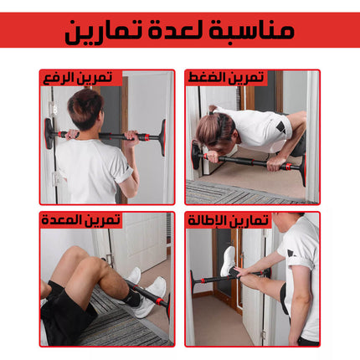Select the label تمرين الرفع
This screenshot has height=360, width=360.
point(78,78)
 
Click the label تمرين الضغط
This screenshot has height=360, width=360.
point(226,78)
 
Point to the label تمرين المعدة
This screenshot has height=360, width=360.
point(81,219)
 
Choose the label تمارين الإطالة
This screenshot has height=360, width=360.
point(229,220)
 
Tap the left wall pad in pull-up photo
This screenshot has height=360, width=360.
point(49,133)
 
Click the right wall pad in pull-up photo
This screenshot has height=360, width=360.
point(162,137)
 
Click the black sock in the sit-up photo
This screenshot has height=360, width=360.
point(131,298)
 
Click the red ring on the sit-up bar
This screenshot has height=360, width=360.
point(160,301)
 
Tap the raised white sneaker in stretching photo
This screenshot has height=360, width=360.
point(228,261)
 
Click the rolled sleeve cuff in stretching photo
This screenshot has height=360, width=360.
point(299,262)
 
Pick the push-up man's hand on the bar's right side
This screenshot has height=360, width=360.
point(276,162)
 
